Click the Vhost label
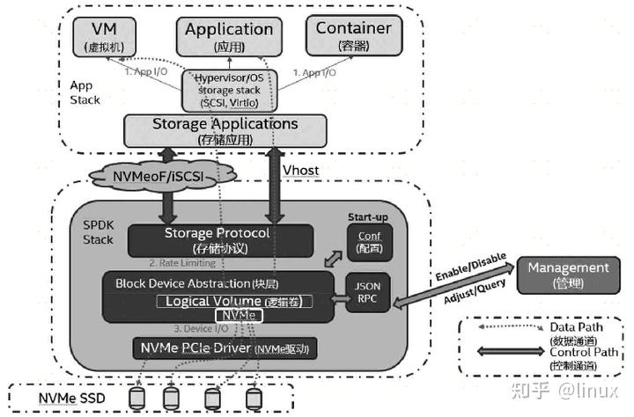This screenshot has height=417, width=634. pos(303,169)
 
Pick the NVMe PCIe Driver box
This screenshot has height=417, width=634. pos(225,348)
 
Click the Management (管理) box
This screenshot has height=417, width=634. pos(567,273)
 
